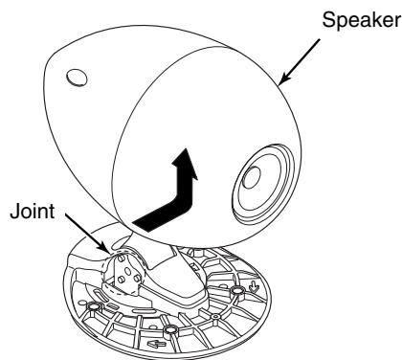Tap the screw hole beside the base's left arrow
coord(171,331)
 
